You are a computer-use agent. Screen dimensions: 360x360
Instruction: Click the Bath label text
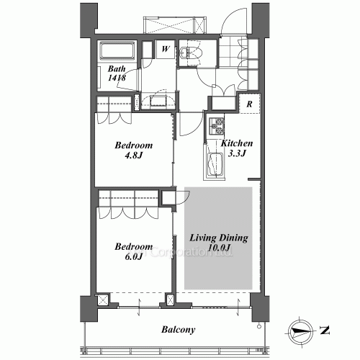(117, 70)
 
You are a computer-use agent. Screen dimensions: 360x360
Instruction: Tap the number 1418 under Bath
(117, 79)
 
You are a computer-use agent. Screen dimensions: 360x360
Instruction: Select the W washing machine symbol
(165, 50)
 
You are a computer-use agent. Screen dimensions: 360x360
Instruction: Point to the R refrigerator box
(248, 103)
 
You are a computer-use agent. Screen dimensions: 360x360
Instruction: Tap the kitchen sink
(215, 163)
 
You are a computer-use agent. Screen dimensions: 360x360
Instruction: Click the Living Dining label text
(219, 238)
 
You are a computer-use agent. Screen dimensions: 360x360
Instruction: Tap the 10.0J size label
(219, 248)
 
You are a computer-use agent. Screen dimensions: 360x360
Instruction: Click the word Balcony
(176, 330)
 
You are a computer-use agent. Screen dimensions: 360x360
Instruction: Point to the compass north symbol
(300, 332)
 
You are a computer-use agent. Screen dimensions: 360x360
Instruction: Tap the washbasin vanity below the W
(157, 99)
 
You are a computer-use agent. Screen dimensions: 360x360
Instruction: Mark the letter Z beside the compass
(325, 331)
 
